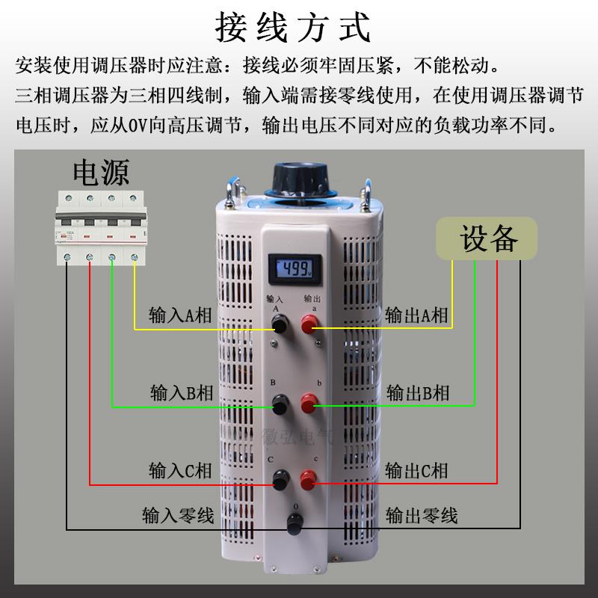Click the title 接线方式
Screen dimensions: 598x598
pos(293,28)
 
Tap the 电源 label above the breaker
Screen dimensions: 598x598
pos(100,172)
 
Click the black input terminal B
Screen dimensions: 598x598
pos(281,405)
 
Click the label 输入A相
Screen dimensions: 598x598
pos(180,315)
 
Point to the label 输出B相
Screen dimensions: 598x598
pos(417,392)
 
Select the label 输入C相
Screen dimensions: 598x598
pos(180,470)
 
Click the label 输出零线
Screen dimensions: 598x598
pos(422,515)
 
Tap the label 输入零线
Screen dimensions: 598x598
pos(178,515)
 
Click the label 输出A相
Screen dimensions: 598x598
pos(416,315)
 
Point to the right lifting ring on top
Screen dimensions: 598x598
pos(368,193)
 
